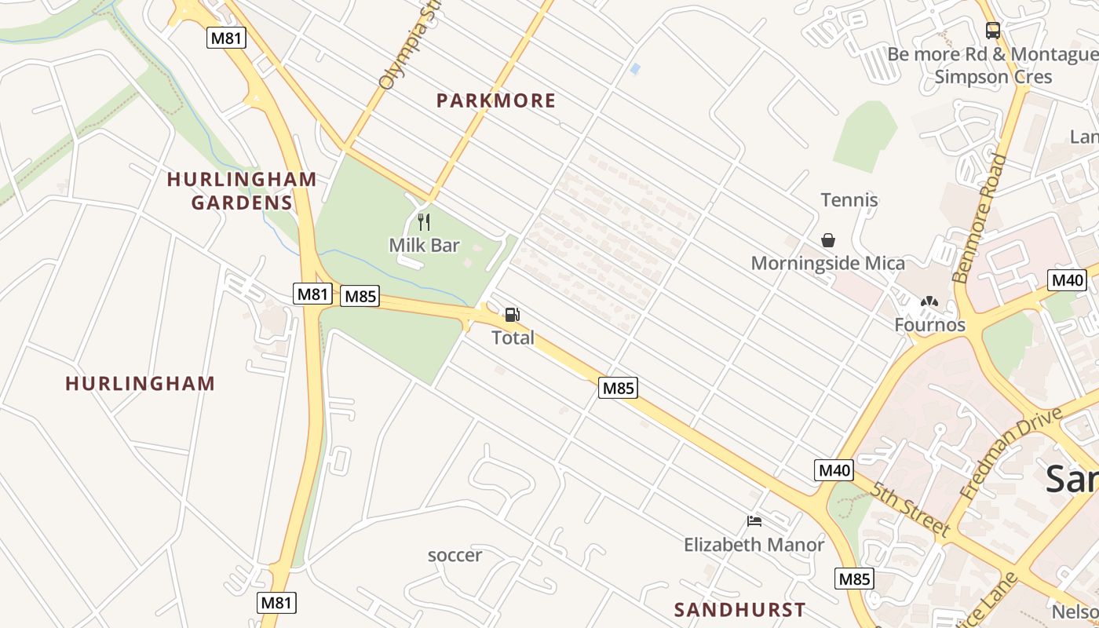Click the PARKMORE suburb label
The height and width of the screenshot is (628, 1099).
click(x=495, y=100)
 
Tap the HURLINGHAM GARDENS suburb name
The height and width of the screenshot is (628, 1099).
click(x=242, y=191)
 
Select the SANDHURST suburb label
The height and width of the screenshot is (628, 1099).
click(x=739, y=610)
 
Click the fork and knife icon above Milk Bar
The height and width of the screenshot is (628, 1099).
click(x=424, y=222)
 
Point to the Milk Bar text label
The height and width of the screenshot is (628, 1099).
click(x=424, y=246)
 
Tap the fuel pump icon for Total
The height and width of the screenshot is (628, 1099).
click(x=512, y=315)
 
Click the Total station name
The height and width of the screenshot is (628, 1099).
click(x=513, y=338)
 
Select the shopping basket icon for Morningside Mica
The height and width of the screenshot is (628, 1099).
click(x=828, y=240)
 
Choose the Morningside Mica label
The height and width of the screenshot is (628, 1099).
click(x=828, y=263)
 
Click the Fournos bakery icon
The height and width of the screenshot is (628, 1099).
click(x=929, y=301)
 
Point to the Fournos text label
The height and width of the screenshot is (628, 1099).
click(x=929, y=325)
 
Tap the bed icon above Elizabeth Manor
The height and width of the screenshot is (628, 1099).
click(x=754, y=521)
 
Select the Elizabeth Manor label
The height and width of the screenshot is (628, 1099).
click(x=754, y=545)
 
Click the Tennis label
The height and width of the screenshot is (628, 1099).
click(x=849, y=200)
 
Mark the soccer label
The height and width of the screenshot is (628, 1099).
click(x=455, y=556)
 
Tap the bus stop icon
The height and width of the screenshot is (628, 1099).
click(x=993, y=31)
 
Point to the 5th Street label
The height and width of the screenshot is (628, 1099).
click(x=911, y=509)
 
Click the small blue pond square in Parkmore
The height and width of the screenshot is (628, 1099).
click(x=635, y=69)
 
